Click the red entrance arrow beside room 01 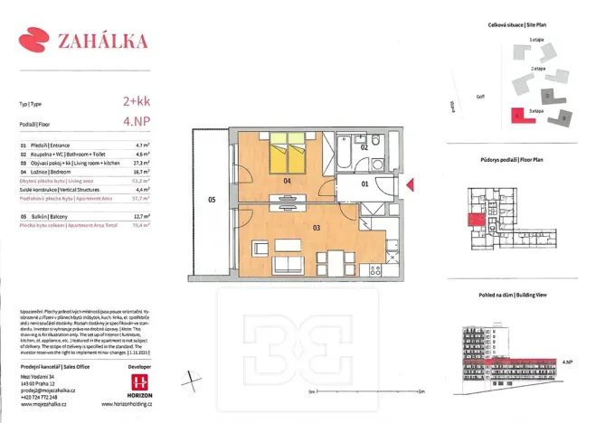tap(411, 185)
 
